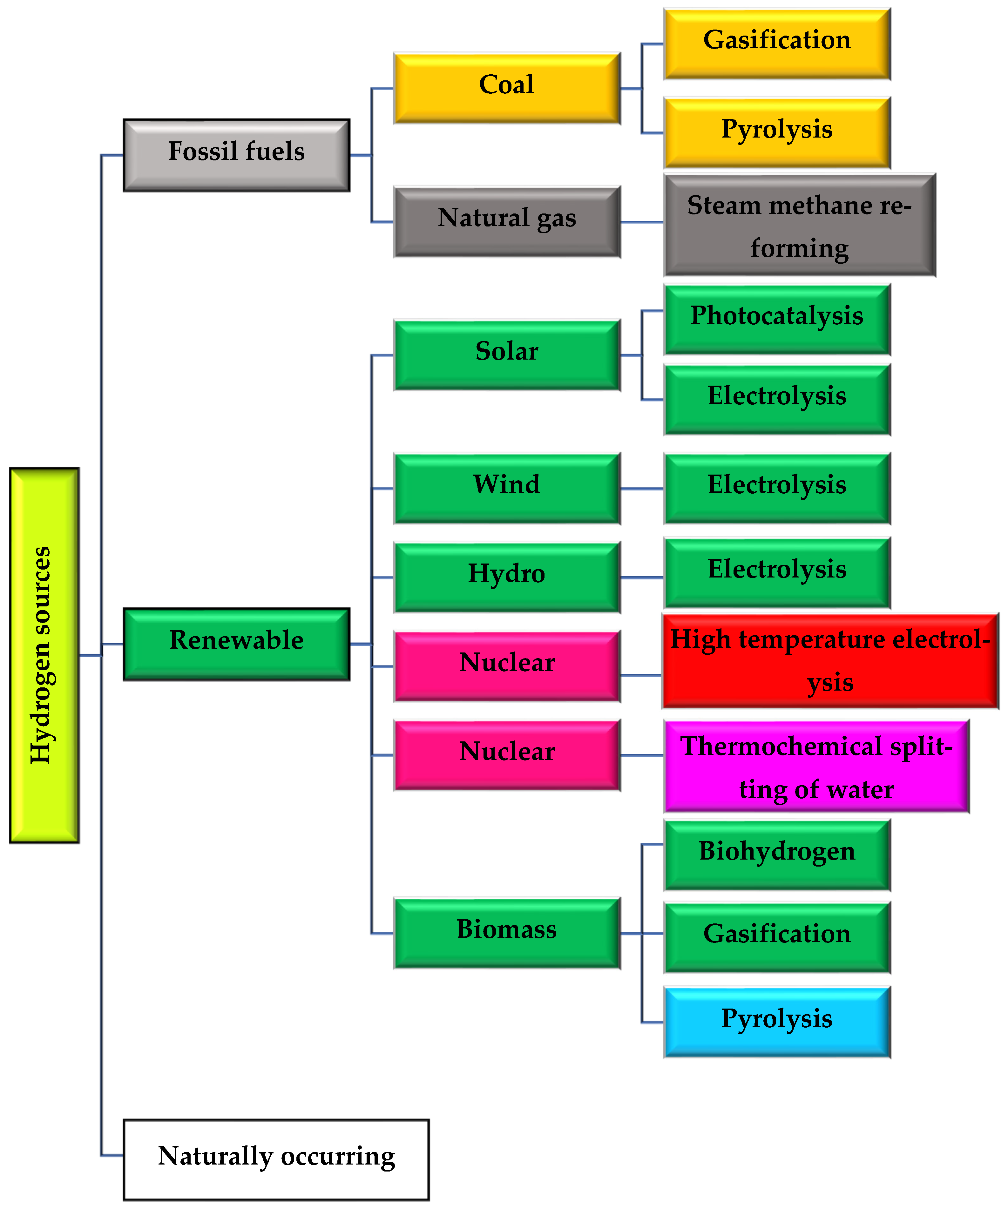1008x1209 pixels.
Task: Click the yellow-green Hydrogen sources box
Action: (x=44, y=655)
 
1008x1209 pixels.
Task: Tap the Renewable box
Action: (x=236, y=644)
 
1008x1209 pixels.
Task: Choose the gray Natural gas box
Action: (x=507, y=221)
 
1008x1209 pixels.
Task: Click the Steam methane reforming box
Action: (x=799, y=225)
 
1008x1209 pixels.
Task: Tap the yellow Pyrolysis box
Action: (x=777, y=132)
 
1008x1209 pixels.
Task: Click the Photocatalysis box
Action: (x=777, y=319)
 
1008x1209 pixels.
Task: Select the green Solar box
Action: (x=507, y=355)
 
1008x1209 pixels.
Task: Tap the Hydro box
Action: (x=507, y=577)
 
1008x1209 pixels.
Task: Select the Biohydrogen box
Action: (x=777, y=855)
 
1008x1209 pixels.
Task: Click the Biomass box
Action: (x=507, y=933)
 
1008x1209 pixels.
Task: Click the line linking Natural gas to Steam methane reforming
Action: (x=641, y=222)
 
